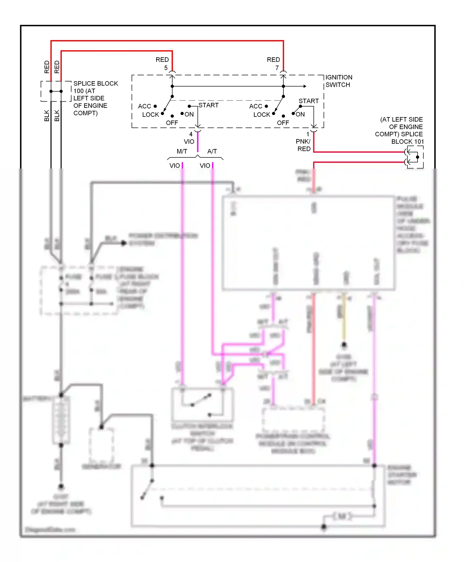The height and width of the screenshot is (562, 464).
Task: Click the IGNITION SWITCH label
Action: (338, 81)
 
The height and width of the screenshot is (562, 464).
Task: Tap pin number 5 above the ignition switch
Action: (166, 68)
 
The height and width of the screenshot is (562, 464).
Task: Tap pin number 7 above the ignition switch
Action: (277, 68)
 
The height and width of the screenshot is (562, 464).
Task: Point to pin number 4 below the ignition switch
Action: (191, 134)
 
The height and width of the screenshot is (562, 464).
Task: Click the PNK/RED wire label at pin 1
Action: (303, 145)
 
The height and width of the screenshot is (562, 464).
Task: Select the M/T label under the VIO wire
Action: (182, 151)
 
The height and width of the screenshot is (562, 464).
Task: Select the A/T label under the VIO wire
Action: (212, 151)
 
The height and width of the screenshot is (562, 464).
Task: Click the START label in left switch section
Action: (208, 105)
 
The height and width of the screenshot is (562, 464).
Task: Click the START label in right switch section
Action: (308, 101)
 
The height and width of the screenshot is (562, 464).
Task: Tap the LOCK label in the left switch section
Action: (150, 115)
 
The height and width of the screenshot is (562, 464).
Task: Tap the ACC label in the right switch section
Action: (256, 106)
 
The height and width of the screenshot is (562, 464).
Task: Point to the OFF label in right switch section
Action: (283, 123)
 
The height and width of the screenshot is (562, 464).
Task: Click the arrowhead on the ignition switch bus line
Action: (305, 86)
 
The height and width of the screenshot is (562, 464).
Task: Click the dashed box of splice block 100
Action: (56, 91)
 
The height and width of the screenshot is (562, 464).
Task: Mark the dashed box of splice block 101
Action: (415, 157)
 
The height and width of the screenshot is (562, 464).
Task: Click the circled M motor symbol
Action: (342, 516)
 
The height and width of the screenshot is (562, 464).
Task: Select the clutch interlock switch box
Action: (203, 404)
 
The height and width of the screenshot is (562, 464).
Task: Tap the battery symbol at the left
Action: (61, 420)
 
